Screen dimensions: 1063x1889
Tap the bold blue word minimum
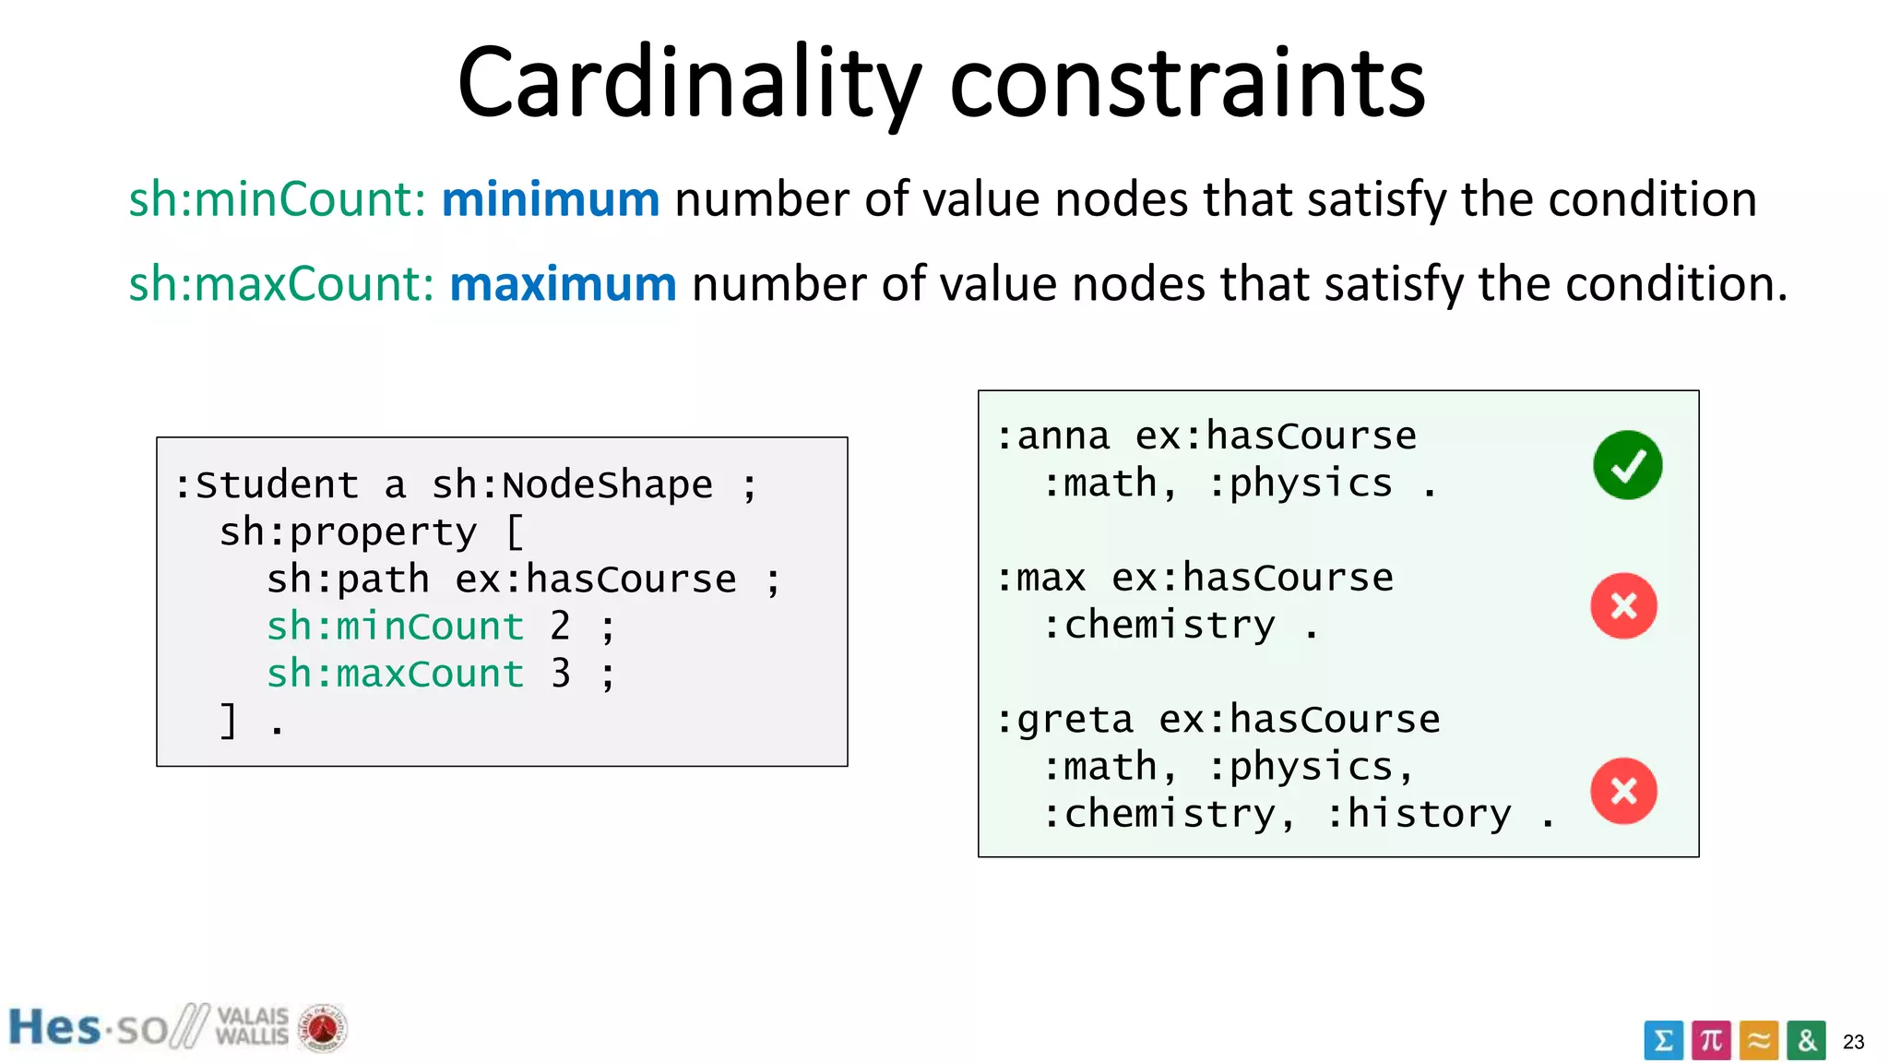point(551,199)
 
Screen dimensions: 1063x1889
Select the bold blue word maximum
point(563,283)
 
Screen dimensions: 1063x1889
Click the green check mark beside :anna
point(1627,465)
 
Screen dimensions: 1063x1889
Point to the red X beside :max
point(1623,606)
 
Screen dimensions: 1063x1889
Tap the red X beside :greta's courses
point(1623,791)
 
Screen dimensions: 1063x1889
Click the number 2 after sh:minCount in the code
point(560,627)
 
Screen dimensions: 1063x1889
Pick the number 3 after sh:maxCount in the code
point(560,674)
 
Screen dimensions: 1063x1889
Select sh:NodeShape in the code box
point(572,485)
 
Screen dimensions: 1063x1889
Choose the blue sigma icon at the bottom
point(1663,1041)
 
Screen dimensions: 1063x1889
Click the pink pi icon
point(1711,1041)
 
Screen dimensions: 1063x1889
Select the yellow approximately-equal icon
point(1759,1041)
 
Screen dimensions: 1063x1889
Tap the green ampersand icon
point(1806,1041)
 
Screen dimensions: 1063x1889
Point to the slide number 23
point(1853,1042)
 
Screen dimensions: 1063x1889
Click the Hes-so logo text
point(88,1028)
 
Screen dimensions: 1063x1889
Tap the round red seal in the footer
point(322,1028)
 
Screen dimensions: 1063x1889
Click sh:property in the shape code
point(348,532)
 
